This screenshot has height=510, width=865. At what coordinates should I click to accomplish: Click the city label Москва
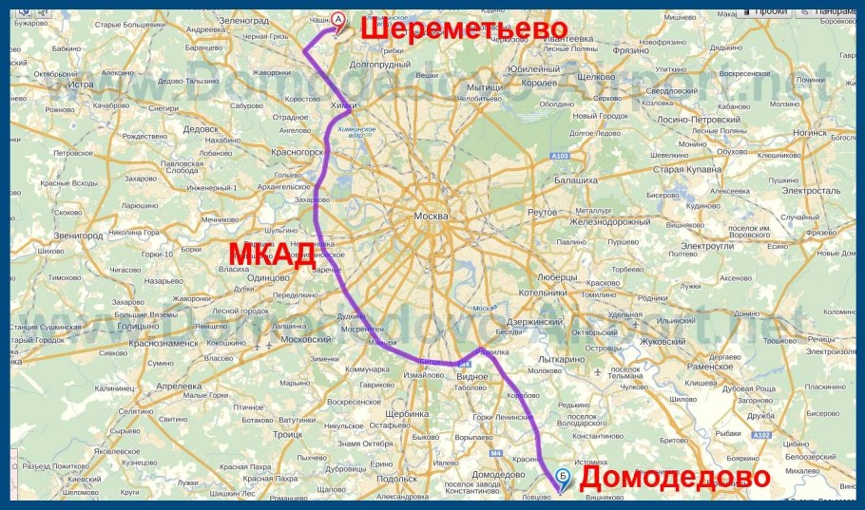click(431, 217)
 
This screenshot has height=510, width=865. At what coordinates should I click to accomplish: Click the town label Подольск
click(397, 479)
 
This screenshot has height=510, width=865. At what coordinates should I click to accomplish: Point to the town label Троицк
click(286, 434)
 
